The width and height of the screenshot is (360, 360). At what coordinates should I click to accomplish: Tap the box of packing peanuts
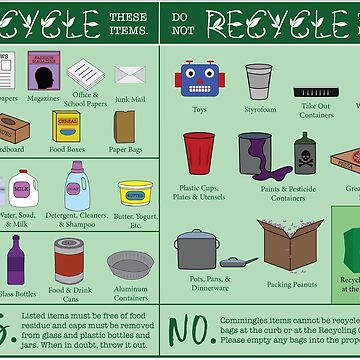290,242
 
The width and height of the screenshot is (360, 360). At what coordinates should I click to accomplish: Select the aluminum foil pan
130,264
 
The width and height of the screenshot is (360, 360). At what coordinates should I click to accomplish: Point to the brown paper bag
125,126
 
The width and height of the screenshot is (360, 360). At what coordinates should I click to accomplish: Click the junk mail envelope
130,74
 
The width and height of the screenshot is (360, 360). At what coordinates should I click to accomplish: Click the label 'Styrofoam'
258,111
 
